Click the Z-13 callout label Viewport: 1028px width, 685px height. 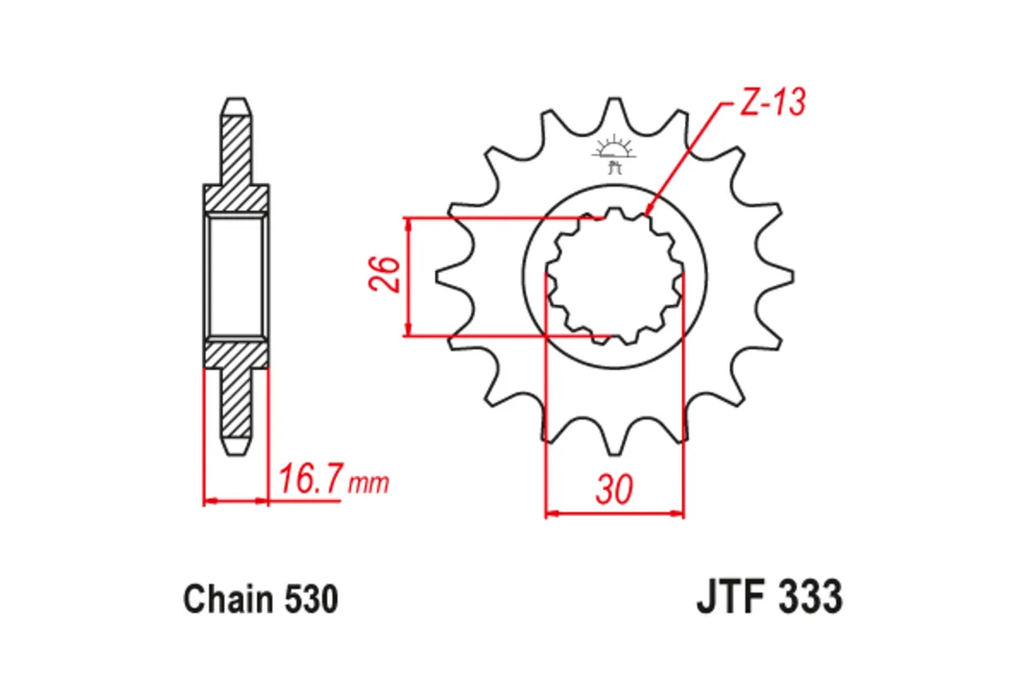click(x=771, y=103)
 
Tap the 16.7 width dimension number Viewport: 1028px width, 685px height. click(x=307, y=480)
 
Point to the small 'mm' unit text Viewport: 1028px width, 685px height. click(x=368, y=484)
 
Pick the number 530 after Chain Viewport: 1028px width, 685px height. click(x=309, y=599)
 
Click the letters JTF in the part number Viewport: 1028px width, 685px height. click(x=727, y=597)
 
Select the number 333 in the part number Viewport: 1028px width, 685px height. click(x=810, y=597)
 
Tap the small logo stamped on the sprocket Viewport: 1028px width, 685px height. click(x=613, y=152)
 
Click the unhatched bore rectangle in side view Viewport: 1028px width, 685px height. click(x=236, y=276)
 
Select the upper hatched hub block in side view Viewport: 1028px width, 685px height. click(x=236, y=199)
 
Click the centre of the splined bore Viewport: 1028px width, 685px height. click(x=614, y=276)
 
